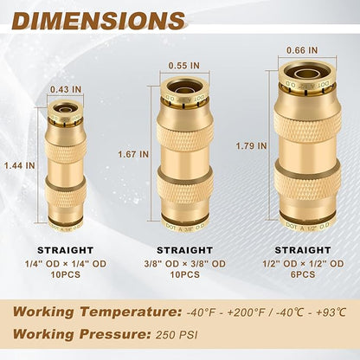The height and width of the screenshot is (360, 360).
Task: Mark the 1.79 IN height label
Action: click(x=248, y=146)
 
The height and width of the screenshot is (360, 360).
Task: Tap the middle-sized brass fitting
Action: click(x=184, y=156)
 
